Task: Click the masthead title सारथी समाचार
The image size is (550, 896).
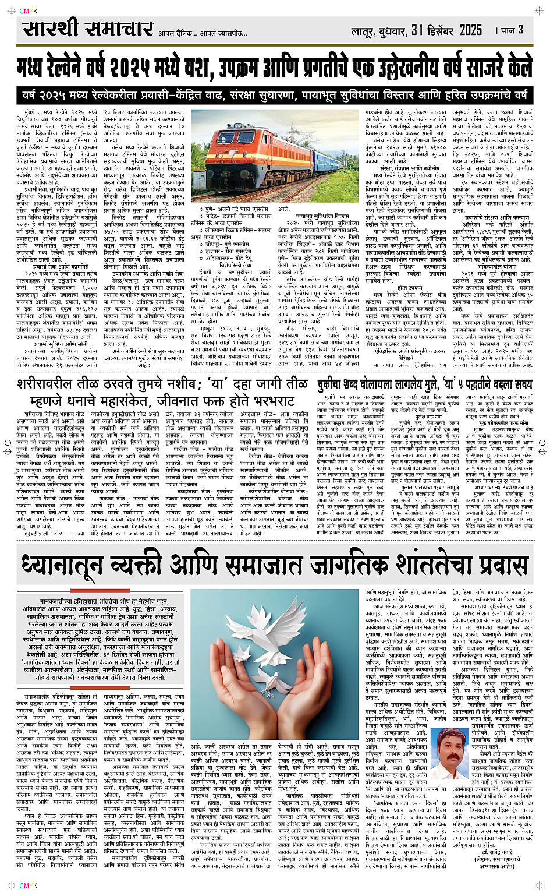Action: [x=87, y=29]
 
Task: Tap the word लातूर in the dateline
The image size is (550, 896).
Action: [x=363, y=31]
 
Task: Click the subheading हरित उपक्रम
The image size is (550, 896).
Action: [x=410, y=288]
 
